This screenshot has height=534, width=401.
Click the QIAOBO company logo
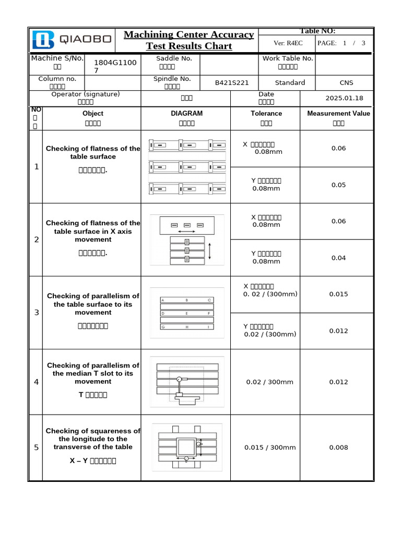click(72, 40)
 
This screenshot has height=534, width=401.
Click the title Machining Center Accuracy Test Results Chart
click(188, 40)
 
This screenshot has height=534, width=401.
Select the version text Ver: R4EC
click(288, 43)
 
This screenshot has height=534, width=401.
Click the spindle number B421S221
click(232, 83)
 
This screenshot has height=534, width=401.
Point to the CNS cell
click(346, 83)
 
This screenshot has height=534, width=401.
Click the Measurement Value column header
click(338, 113)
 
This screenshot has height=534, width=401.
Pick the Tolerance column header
click(266, 113)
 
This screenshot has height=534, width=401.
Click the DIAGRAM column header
click(186, 113)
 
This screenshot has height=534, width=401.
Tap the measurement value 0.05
click(338, 185)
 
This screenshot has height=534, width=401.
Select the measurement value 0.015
click(338, 294)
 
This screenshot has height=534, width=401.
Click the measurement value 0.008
click(338, 447)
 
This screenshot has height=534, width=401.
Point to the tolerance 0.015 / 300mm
click(270, 447)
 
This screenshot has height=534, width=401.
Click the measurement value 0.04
click(338, 258)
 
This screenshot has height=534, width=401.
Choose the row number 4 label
click(36, 382)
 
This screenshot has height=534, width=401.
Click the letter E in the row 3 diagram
click(187, 313)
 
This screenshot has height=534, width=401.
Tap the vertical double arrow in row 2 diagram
click(209, 250)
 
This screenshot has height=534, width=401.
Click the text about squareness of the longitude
click(92, 439)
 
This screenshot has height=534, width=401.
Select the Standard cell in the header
click(290, 83)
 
